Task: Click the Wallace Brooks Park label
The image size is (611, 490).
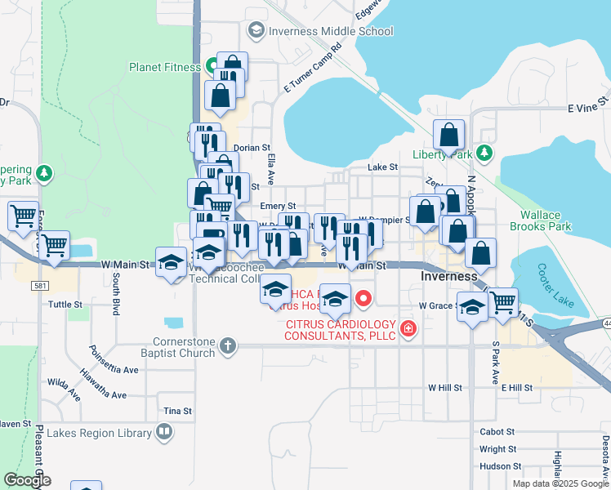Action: point(540,221)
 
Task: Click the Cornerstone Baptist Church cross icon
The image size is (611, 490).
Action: point(227,345)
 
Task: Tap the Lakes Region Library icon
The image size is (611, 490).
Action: point(164,430)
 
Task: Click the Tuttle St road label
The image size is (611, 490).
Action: point(66,305)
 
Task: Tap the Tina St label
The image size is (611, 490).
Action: point(177,411)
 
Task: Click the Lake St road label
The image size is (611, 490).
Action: point(382,167)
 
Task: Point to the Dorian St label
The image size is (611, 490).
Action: point(252,148)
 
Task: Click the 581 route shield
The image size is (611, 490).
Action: point(40,286)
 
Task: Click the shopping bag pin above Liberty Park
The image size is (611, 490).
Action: point(449,135)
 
